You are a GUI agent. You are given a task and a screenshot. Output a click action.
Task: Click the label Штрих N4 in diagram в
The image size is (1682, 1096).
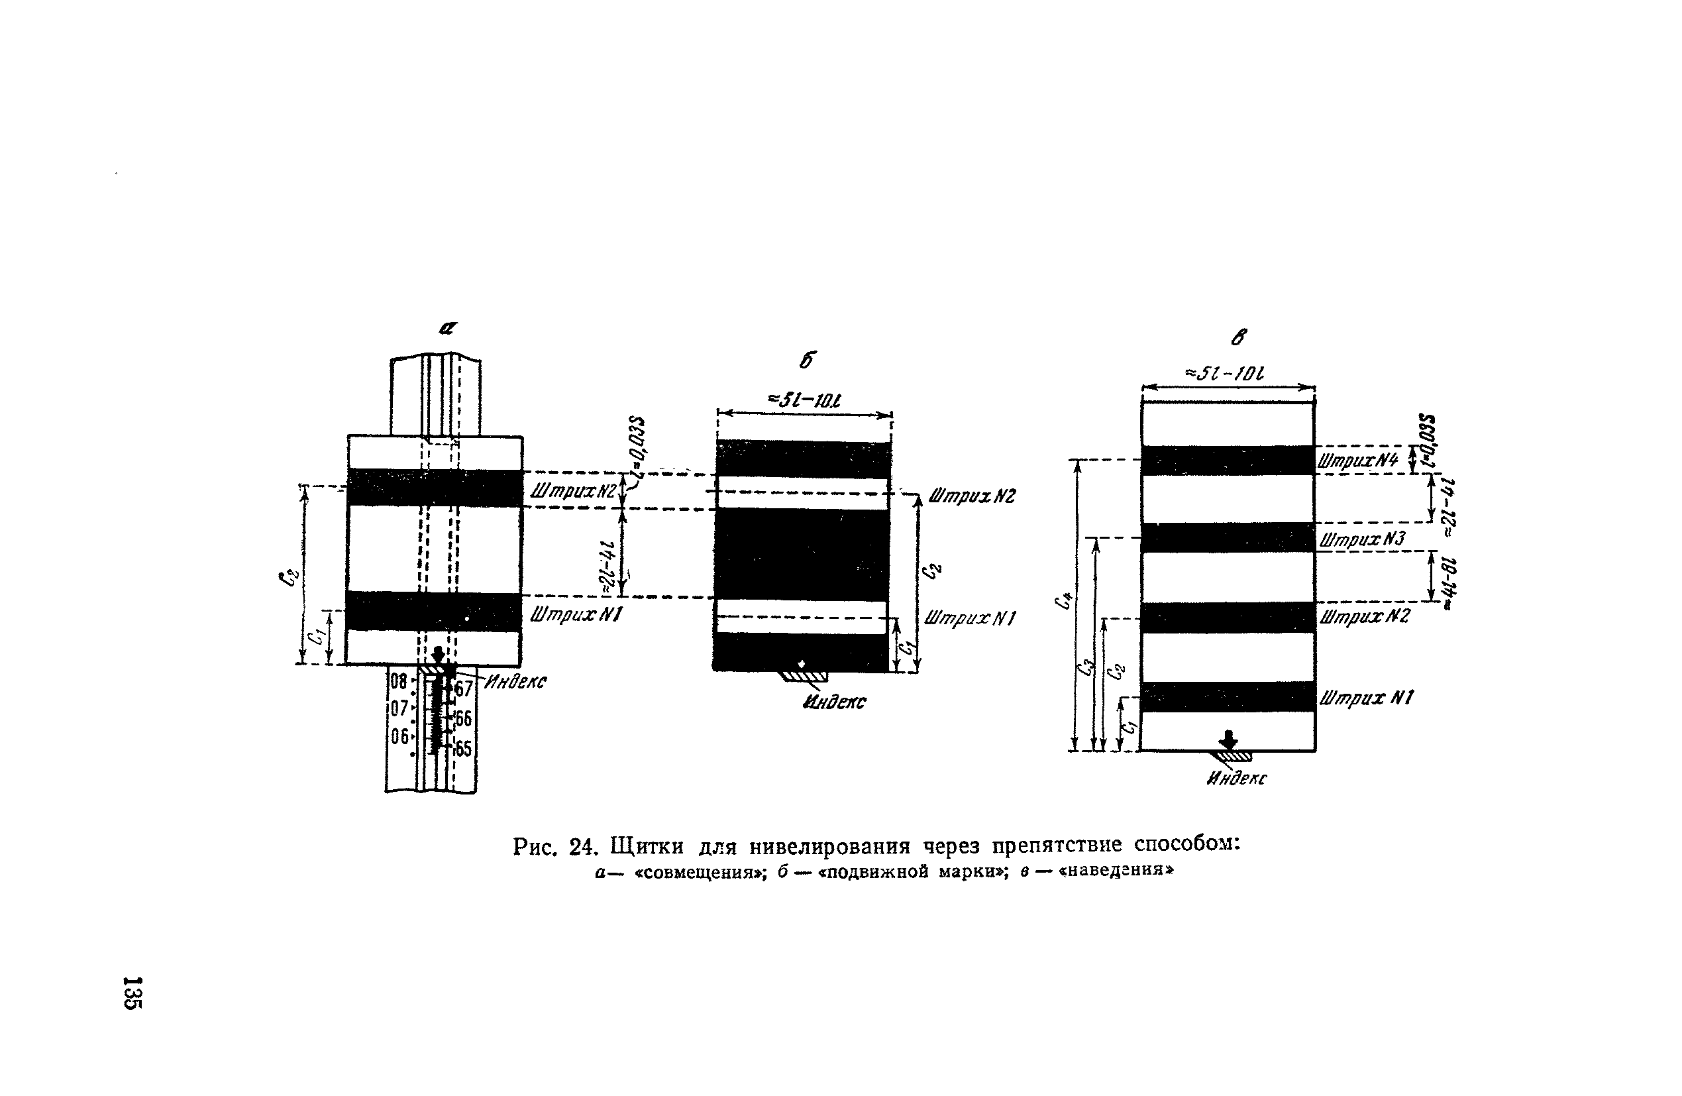coord(1357,461)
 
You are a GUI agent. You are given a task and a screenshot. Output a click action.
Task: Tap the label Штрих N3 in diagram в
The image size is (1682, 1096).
coord(1361,539)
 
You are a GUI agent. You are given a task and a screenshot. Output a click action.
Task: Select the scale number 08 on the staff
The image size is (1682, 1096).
coord(399,682)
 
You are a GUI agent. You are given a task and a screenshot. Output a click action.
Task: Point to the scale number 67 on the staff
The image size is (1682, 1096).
coord(463,688)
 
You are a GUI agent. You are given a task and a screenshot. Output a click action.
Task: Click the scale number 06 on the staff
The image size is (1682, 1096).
coord(400,736)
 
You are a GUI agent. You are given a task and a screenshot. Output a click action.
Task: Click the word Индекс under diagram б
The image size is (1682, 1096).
coord(834,702)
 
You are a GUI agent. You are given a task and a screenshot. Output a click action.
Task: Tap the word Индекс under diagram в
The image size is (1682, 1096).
coord(1237,779)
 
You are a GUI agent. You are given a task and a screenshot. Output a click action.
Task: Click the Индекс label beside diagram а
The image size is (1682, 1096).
coord(516,682)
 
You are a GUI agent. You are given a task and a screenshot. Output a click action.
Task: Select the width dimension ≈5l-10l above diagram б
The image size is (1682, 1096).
coord(804,401)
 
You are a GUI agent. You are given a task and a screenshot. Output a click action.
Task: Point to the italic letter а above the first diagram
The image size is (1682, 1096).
coord(448,328)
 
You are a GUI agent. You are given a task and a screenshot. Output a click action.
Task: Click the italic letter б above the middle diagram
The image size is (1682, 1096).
coord(807,360)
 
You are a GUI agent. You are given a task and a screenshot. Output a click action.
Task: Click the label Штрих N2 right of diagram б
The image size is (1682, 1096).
coord(972,496)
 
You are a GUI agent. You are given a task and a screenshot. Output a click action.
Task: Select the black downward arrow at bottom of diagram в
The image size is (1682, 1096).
coord(1229,740)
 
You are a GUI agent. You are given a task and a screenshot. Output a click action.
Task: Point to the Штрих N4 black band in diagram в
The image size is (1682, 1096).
coord(1228,461)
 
